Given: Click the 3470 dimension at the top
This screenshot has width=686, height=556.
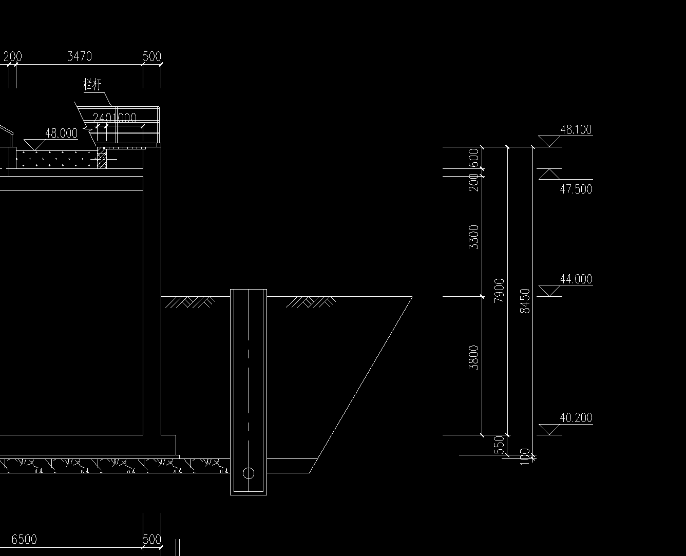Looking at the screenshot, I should click(x=80, y=56).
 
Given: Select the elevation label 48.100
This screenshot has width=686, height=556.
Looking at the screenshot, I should click(x=576, y=129).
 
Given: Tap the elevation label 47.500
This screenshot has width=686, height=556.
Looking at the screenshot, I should click(x=576, y=189).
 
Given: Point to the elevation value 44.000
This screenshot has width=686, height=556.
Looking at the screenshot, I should click(x=576, y=279).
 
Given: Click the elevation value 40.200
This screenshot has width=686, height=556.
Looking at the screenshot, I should click(x=576, y=418).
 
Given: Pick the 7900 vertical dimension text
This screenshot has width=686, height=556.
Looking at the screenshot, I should click(x=499, y=291).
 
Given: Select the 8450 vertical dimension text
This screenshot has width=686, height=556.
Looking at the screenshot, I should click(x=525, y=301).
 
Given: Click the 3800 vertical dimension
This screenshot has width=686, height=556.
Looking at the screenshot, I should click(x=474, y=357).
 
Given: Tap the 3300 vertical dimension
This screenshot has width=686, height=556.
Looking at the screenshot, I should click(x=474, y=237).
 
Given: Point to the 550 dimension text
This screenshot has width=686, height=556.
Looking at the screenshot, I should click(x=499, y=445).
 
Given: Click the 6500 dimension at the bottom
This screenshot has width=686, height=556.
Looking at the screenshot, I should click(x=24, y=539).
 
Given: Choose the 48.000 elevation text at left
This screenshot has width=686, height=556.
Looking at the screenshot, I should click(x=61, y=133).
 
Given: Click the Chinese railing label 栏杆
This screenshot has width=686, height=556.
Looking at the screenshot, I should click(x=92, y=85).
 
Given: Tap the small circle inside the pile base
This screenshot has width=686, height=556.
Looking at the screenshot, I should click(x=249, y=473).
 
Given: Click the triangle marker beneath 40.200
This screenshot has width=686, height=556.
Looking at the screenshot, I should click(x=549, y=429).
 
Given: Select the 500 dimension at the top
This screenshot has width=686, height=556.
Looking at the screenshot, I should click(x=151, y=56).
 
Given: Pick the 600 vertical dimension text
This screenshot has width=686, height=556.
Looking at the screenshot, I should click(x=474, y=158).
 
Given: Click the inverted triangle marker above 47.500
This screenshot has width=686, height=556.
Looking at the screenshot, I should click(x=549, y=174).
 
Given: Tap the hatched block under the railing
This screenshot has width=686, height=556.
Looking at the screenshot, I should click(x=102, y=159).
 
